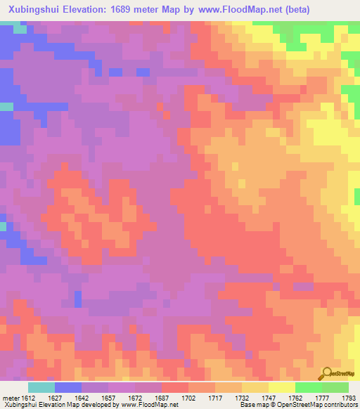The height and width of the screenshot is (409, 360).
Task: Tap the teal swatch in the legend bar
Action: point(41,387)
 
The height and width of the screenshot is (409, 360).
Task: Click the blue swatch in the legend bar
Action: point(68,387)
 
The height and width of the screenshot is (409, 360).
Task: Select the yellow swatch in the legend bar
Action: point(281,387)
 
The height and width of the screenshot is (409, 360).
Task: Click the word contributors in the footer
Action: point(340,405)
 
